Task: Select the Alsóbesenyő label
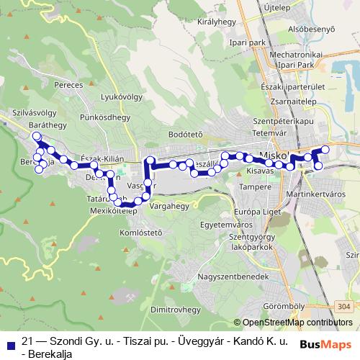click(x=312, y=30)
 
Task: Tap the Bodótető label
click(x=186, y=134)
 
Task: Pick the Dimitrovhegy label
click(x=175, y=309)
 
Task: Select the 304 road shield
click(x=344, y=307)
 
